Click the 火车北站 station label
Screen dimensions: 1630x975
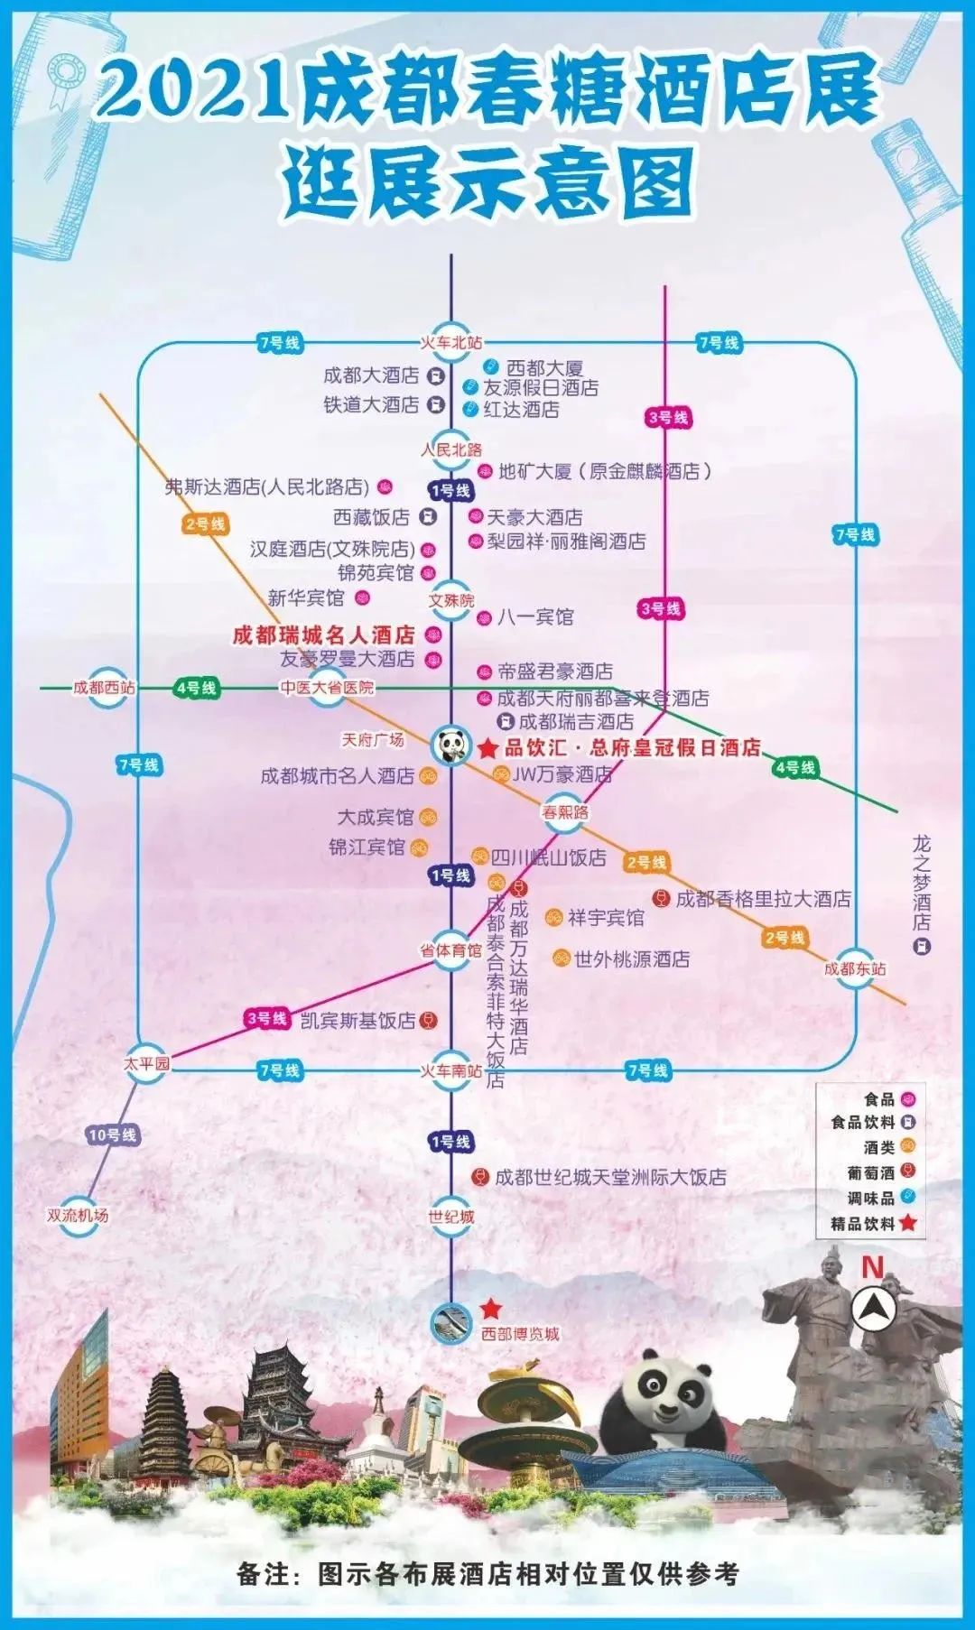click(451, 342)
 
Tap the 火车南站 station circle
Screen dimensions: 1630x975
click(451, 1071)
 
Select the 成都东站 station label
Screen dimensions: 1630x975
click(854, 968)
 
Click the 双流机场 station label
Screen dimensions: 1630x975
click(78, 1215)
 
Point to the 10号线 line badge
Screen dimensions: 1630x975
click(112, 1135)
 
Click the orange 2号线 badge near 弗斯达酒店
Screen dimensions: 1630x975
click(205, 524)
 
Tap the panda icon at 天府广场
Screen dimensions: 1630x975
click(451, 746)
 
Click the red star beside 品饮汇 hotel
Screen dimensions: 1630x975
click(487, 748)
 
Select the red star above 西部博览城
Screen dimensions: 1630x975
click(490, 1308)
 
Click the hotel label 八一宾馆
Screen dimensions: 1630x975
click(535, 617)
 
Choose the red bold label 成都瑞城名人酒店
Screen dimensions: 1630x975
click(323, 634)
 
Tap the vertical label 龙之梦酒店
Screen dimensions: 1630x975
click(921, 883)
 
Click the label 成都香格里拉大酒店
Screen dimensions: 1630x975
click(763, 899)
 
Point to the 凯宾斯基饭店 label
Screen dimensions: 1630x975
click(357, 1020)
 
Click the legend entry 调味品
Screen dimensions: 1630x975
click(870, 1199)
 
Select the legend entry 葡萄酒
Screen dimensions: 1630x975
click(870, 1173)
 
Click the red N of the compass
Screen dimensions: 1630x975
click(871, 1267)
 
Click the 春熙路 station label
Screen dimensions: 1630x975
click(565, 811)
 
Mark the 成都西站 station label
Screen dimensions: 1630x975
click(104, 688)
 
